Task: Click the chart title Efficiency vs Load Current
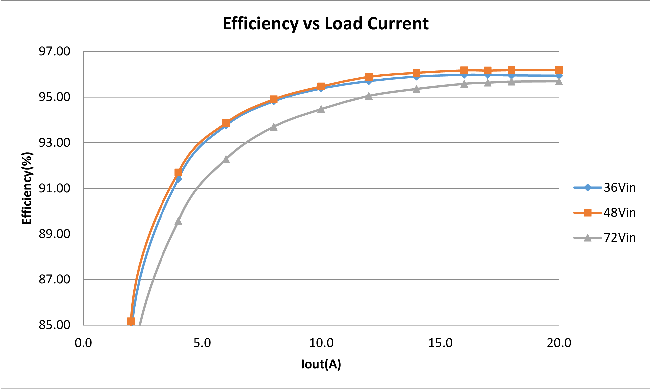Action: point(325,24)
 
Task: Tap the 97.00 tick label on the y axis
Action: point(55,51)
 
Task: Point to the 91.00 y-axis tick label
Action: point(55,188)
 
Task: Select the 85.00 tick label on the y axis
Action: point(55,325)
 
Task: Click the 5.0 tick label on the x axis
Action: point(202,343)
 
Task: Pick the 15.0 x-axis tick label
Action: point(440,343)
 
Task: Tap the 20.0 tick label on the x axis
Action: point(559,343)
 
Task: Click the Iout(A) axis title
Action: point(321,364)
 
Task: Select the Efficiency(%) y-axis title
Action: point(27,188)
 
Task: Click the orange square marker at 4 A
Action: point(178,172)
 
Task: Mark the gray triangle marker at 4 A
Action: point(178,221)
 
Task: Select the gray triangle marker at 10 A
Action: point(321,109)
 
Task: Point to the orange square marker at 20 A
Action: point(559,70)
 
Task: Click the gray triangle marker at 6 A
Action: point(226,159)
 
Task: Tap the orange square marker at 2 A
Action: point(131,321)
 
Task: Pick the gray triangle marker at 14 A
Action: point(416,89)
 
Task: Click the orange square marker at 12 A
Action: point(369,77)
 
